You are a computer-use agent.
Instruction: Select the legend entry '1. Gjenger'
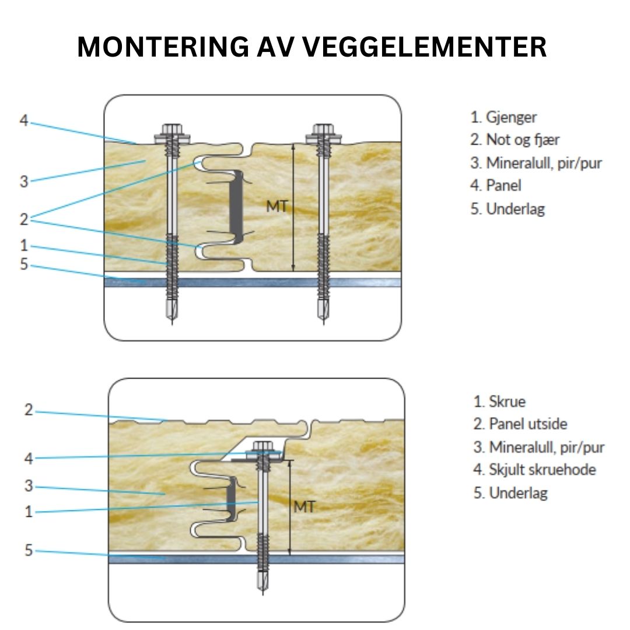[503, 117]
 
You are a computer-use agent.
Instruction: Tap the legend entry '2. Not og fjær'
[515, 140]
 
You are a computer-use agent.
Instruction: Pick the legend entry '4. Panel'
[496, 185]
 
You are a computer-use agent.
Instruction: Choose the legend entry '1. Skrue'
[499, 401]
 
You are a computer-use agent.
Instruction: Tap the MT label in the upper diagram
[276, 206]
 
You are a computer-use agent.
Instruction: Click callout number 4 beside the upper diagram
[23, 121]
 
